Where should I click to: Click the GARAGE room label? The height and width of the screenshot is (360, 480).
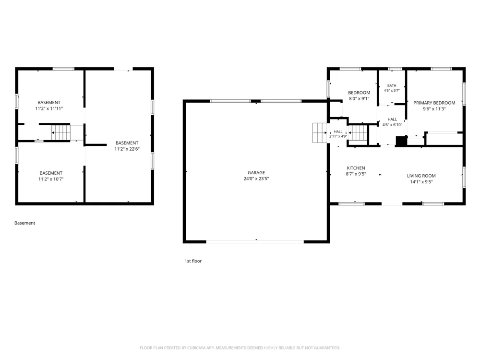[x=256, y=173]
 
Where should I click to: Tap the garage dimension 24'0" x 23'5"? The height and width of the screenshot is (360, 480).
[x=256, y=179]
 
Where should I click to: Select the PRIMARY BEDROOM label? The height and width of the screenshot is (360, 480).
[x=434, y=103]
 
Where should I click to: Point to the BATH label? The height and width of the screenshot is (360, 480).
[x=392, y=86]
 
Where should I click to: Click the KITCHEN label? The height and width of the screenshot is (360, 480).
[x=356, y=168]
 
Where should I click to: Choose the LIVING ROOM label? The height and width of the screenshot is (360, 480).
[x=421, y=176]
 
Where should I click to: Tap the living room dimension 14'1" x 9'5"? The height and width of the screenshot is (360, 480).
[x=421, y=182]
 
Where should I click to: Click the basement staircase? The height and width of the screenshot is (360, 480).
[x=60, y=132]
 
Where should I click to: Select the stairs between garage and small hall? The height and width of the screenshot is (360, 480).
[x=319, y=133]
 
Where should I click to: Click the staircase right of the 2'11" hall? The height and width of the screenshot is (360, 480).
[x=358, y=133]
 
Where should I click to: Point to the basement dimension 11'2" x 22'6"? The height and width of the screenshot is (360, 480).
[x=127, y=149]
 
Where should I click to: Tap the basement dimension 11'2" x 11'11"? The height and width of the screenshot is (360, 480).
[x=49, y=108]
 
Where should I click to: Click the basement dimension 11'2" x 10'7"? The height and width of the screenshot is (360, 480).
[x=51, y=179]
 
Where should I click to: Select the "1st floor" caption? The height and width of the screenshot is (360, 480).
[x=193, y=261]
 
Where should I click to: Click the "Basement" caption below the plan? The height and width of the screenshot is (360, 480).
[x=25, y=223]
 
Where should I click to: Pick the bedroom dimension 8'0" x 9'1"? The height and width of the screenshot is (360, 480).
[x=359, y=98]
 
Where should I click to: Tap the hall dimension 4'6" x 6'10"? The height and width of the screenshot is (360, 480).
[x=392, y=125]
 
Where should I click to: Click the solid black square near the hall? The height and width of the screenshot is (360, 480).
[x=401, y=141]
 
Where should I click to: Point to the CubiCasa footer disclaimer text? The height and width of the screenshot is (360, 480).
[x=240, y=348]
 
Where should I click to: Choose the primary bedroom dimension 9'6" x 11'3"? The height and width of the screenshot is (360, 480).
[x=434, y=109]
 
